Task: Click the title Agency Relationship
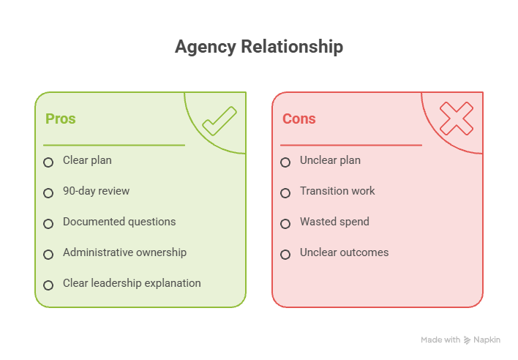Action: (259, 47)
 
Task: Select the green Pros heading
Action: (61, 119)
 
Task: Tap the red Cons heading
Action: (299, 119)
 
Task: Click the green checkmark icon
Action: (219, 121)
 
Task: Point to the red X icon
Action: (457, 119)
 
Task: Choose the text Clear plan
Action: (87, 160)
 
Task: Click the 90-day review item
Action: (96, 191)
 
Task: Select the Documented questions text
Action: (119, 222)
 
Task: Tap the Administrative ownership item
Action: (124, 252)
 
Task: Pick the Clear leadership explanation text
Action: (132, 283)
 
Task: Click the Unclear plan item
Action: (330, 160)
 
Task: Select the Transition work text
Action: (337, 191)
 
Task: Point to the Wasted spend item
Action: (334, 222)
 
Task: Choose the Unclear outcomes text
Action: (344, 252)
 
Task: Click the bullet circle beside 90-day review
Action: (48, 193)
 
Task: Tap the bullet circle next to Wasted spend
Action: (285, 224)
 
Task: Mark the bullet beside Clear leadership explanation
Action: (48, 285)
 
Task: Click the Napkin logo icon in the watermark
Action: (467, 340)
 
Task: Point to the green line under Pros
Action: (114, 145)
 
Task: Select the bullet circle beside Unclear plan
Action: (285, 162)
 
